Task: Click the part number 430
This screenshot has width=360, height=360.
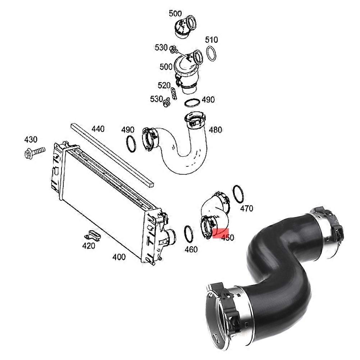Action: tap(31, 139)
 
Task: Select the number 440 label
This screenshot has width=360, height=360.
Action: tap(98, 128)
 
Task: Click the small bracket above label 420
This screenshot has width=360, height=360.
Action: tap(92, 235)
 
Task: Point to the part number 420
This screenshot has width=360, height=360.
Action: tap(88, 246)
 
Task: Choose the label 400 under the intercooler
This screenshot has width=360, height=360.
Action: tap(119, 257)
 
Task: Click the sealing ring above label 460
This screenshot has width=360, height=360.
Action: tap(188, 234)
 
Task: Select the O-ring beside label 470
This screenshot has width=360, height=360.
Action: tap(238, 194)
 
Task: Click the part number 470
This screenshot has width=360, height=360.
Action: tap(246, 208)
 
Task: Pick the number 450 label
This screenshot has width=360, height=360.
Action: tap(227, 238)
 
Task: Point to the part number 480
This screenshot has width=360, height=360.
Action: tap(215, 130)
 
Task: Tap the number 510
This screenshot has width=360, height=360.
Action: tap(211, 39)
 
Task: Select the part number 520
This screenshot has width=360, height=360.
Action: tap(164, 85)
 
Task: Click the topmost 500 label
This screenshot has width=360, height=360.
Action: tap(175, 14)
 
